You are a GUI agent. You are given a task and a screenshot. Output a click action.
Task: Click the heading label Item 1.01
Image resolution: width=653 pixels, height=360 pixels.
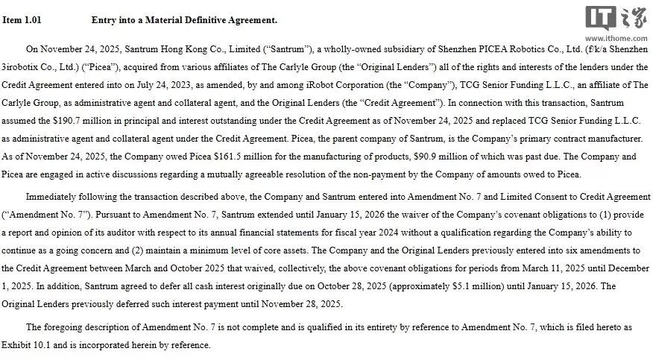click(22, 20)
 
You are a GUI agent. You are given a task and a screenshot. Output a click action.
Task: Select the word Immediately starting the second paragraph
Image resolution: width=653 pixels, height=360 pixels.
click(54, 196)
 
